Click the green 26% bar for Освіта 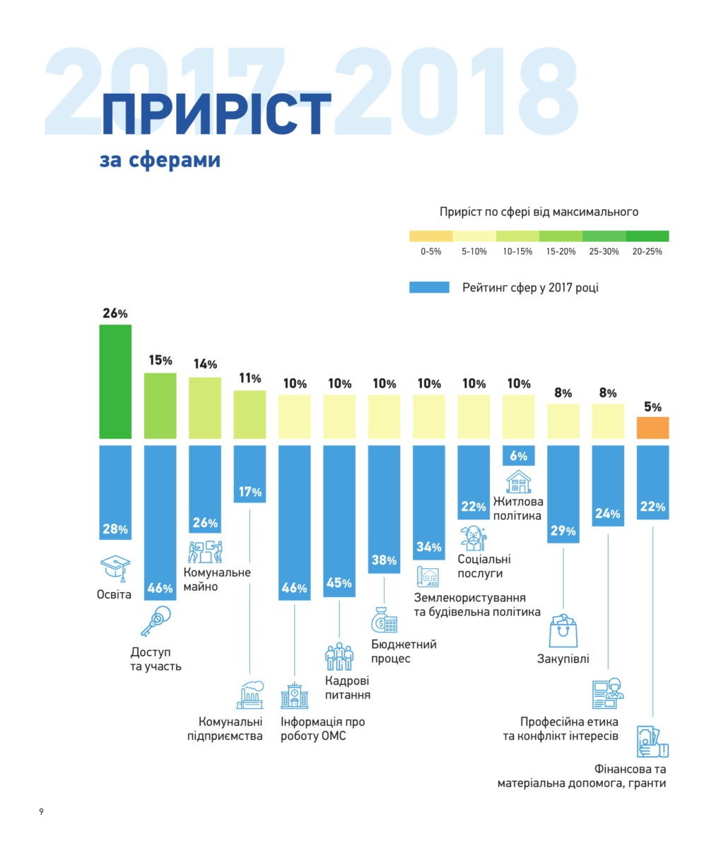coord(115,382)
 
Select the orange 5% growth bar coord(652,428)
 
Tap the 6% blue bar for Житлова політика coord(519,456)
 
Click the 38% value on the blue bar coord(384,560)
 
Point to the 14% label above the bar coord(205,364)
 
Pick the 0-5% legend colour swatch coord(430,236)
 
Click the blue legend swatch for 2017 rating coord(429,288)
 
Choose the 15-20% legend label coord(561,252)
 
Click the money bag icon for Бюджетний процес coord(384,620)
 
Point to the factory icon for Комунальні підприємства coord(250,695)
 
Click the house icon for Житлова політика coord(519,482)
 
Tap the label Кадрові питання coord(348,688)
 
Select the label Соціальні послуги coord(484,566)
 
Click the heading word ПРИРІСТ coord(216,113)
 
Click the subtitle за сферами coord(160,160)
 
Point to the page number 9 coord(41,811)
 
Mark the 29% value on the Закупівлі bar coord(563,531)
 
